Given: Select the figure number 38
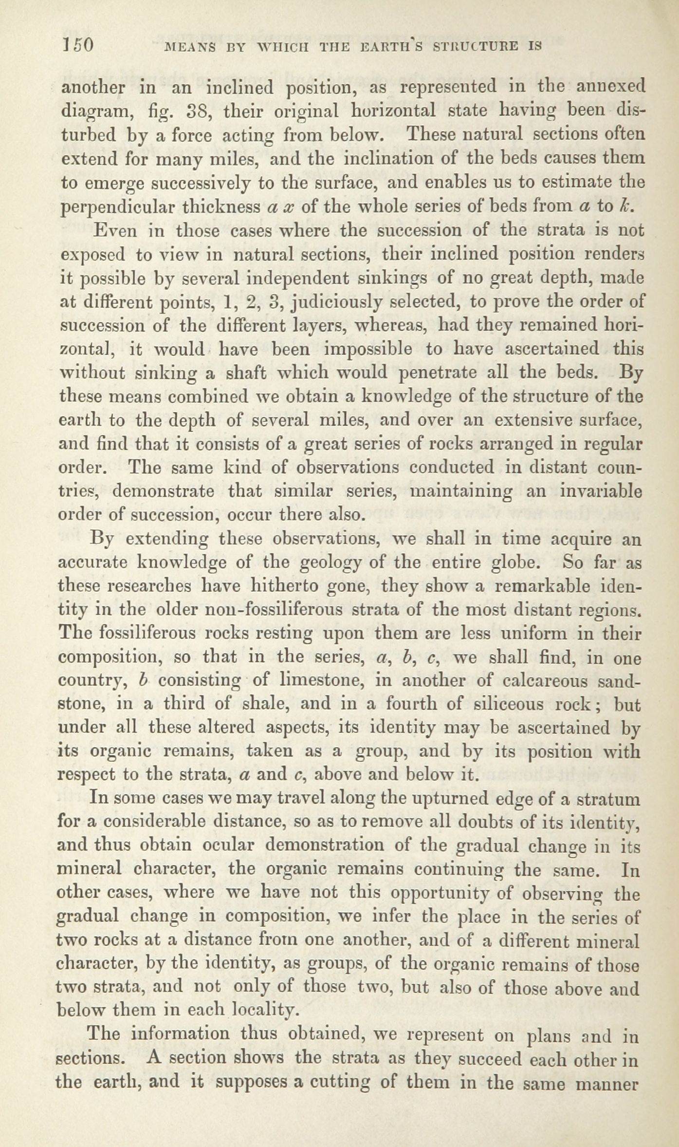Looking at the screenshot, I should [198, 112].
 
